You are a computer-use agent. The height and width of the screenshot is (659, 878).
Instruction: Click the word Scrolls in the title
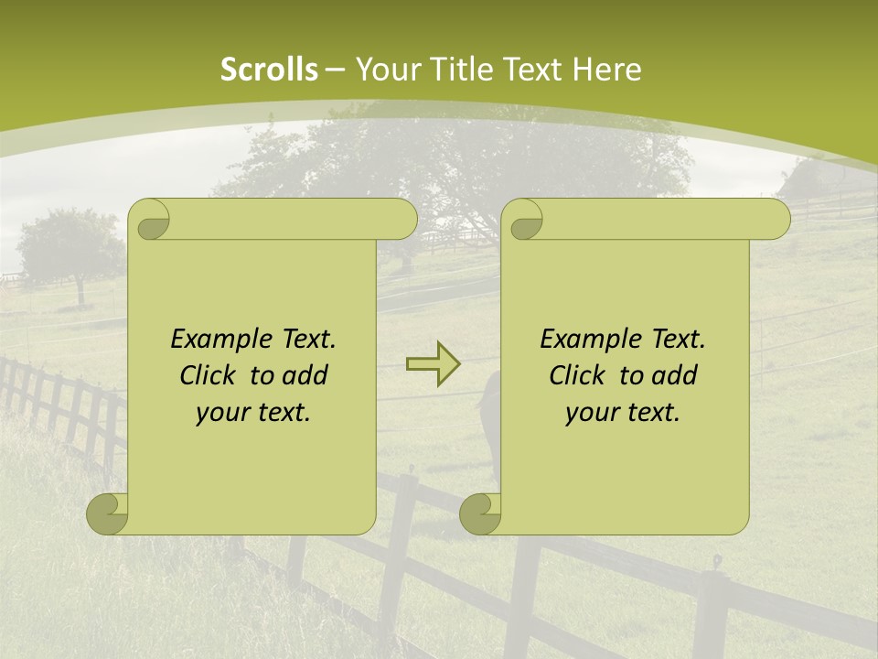tap(269, 70)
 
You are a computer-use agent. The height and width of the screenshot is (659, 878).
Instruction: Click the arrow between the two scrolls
tap(433, 364)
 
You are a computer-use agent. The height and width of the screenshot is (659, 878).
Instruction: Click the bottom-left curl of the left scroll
tap(107, 514)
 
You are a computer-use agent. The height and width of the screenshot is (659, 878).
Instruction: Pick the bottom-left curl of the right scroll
tap(480, 514)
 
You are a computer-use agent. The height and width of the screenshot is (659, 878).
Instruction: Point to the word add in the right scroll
tap(676, 376)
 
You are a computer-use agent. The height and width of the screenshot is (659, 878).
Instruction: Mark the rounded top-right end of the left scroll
tap(402, 220)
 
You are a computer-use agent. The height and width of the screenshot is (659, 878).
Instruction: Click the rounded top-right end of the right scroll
tap(776, 220)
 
